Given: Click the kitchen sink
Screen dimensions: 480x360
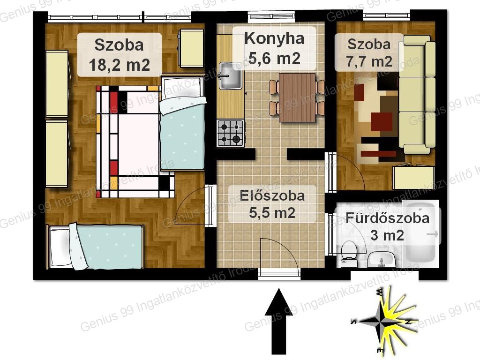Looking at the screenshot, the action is (230, 75).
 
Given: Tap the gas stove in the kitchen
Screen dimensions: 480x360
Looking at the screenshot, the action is (231, 133).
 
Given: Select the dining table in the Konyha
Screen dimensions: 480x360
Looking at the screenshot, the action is (297, 97).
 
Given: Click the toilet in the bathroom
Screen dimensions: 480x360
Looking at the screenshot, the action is (349, 254).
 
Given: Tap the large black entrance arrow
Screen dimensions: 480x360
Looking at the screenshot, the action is (279, 321).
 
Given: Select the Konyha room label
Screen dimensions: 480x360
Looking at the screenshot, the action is (274, 38).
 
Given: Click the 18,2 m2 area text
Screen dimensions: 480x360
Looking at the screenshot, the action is (120, 65).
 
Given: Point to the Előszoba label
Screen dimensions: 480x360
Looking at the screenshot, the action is (272, 195).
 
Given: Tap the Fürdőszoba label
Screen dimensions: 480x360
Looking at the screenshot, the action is (388, 218).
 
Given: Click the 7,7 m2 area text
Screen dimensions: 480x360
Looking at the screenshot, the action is (369, 61).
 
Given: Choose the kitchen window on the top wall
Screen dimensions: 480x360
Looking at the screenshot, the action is (271, 16).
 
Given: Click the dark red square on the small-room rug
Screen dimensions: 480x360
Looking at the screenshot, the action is (382, 121).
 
